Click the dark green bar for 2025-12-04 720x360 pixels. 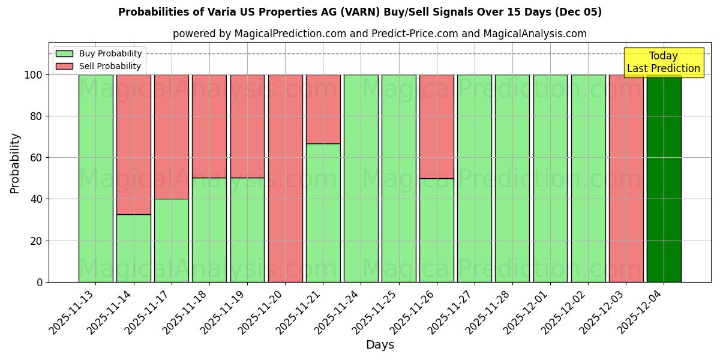tap(664, 178)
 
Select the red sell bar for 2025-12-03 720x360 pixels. tap(626, 178)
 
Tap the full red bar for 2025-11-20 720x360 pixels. tap(285, 178)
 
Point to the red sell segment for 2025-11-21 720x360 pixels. tap(323, 109)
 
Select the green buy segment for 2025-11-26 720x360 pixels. tap(437, 230)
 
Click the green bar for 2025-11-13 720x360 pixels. tap(95, 178)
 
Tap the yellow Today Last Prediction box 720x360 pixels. tap(663, 62)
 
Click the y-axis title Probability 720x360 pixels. tap(15, 163)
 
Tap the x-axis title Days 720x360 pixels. tap(380, 345)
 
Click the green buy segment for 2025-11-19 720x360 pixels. tap(247, 230)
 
